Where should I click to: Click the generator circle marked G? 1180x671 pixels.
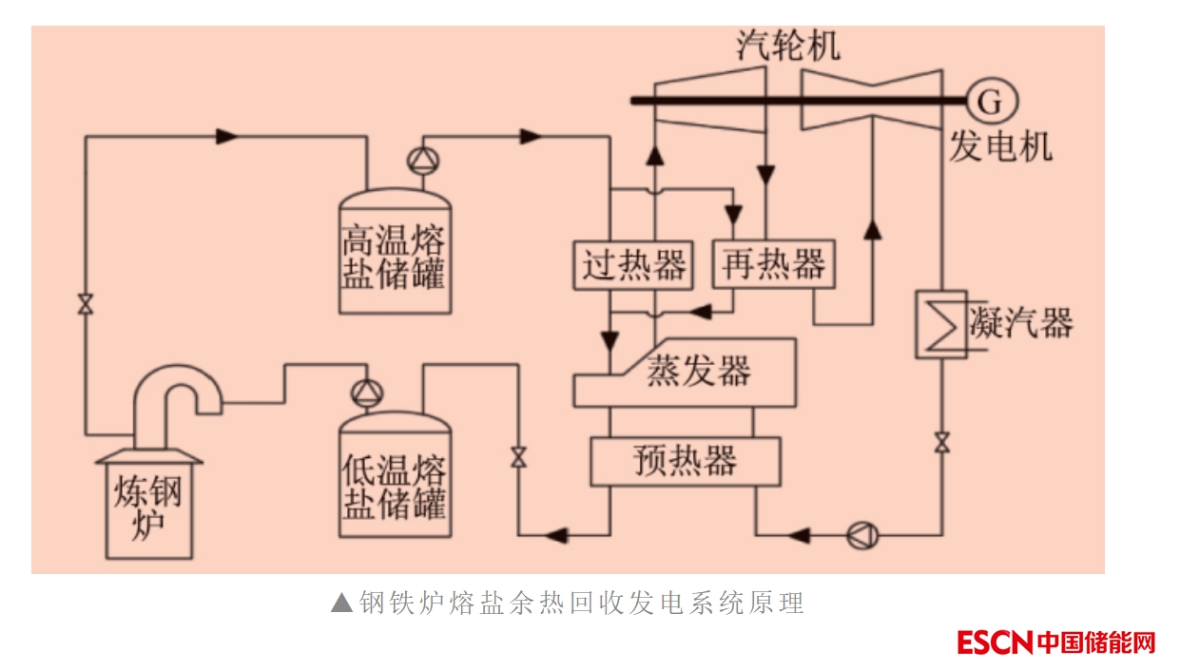(x=990, y=100)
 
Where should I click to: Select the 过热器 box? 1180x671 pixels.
(x=633, y=264)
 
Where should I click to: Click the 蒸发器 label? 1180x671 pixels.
(x=699, y=370)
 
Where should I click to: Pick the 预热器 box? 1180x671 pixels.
(x=685, y=461)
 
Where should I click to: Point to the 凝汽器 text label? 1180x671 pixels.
(x=1021, y=323)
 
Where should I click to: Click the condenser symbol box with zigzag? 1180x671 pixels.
(x=940, y=324)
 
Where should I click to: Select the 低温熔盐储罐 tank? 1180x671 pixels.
(x=395, y=480)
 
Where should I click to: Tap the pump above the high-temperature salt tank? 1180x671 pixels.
(x=420, y=161)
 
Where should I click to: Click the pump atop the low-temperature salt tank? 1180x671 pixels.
(x=364, y=392)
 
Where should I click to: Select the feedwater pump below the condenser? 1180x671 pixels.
(x=862, y=535)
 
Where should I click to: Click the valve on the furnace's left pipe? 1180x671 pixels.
(x=86, y=304)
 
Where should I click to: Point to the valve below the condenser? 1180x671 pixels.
(x=941, y=442)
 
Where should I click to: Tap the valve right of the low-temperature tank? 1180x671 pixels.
(x=518, y=456)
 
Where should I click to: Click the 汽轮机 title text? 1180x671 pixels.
(x=788, y=46)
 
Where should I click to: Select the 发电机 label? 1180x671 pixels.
(x=1000, y=147)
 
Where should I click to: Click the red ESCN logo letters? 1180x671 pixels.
(x=995, y=642)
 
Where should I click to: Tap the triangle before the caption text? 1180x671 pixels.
(x=341, y=603)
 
